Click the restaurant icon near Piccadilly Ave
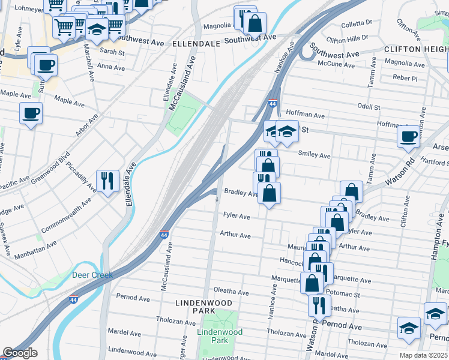pyautogui.click(x=107, y=179)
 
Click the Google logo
pyautogui.click(x=20, y=353)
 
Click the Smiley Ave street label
pyautogui.click(x=315, y=155)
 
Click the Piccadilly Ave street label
pyautogui.click(x=81, y=176)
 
